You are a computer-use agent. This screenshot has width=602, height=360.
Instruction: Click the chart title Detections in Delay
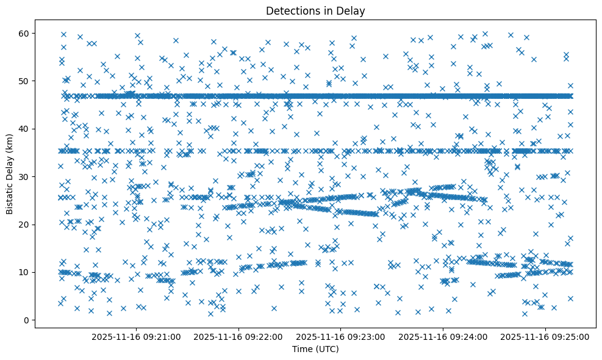(x=316, y=10)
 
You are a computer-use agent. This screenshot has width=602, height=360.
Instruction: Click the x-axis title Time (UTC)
(x=316, y=349)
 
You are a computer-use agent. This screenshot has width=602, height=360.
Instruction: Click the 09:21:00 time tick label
(x=136, y=336)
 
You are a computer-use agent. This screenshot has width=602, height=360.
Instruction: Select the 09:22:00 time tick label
(x=238, y=336)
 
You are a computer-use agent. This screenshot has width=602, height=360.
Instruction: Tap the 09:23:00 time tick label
(x=341, y=336)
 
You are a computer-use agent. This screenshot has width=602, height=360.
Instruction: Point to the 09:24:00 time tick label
(x=443, y=336)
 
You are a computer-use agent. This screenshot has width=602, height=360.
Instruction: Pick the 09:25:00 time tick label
(x=545, y=336)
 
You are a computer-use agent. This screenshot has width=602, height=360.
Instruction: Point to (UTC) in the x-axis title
(x=327, y=349)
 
